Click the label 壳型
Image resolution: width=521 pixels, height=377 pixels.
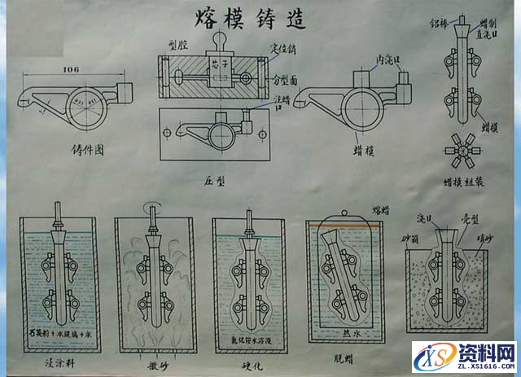coord(471,221)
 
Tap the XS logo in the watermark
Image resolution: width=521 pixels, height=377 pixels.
coord(432,356)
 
